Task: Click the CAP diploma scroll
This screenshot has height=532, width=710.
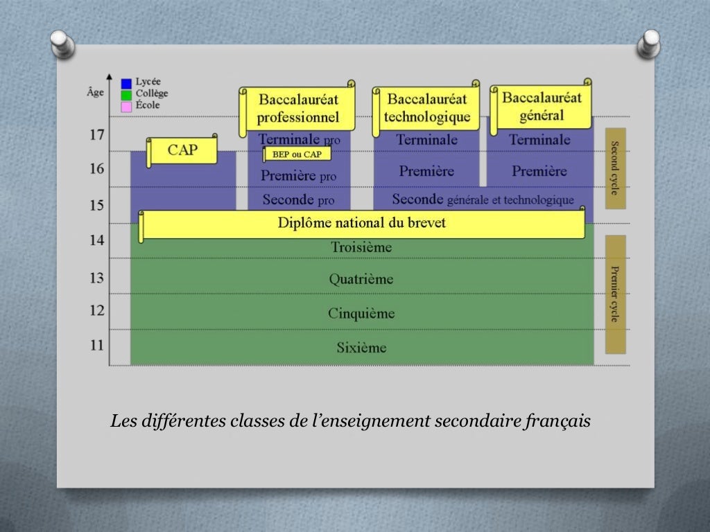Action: [x=182, y=150]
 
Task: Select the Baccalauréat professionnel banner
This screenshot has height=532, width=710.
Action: [x=298, y=109]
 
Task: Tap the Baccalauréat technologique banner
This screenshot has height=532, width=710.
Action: [x=426, y=108]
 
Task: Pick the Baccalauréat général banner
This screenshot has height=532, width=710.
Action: [x=542, y=106]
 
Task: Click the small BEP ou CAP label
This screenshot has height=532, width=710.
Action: [x=297, y=154]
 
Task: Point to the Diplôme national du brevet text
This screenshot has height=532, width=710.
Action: [x=361, y=223]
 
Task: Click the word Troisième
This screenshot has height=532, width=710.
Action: [x=361, y=247]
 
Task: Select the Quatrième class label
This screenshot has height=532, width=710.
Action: [x=361, y=279]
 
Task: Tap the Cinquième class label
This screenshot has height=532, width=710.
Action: [x=361, y=313]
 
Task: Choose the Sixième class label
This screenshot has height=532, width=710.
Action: [x=361, y=347]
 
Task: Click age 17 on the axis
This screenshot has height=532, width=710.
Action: [x=97, y=134]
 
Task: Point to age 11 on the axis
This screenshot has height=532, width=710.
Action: [x=97, y=345]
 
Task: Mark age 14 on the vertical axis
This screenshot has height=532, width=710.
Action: [x=97, y=240]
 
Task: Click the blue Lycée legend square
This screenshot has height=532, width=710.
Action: [x=126, y=83]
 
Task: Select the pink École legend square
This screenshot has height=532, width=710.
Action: [x=126, y=106]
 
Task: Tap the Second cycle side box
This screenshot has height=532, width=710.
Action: [x=615, y=168]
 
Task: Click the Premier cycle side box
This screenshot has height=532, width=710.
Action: [x=615, y=294]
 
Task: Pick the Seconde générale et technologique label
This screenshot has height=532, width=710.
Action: [x=483, y=199]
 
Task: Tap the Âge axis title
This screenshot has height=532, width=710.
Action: [x=96, y=91]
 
